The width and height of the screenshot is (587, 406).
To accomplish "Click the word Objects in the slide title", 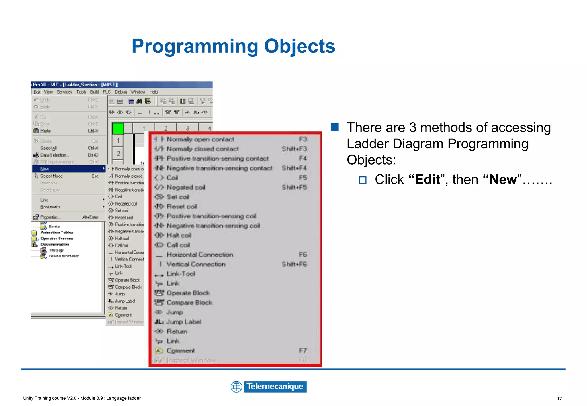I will tap(299, 46).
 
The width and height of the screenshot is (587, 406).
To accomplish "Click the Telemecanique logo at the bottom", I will tap(269, 387).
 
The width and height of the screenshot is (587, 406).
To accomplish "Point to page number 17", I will tap(559, 399).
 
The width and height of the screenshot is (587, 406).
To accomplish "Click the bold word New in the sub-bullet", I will tap(503, 180).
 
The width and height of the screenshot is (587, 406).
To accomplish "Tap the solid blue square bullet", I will tap(334, 127).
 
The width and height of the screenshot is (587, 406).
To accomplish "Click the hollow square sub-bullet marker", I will tap(363, 180).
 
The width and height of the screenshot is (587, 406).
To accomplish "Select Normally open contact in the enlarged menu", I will tap(200, 139).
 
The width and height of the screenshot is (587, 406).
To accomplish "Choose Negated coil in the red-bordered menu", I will tap(186, 187).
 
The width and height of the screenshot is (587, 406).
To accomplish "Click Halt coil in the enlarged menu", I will tap(179, 235).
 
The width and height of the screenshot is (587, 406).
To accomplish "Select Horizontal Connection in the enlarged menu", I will tap(199, 255).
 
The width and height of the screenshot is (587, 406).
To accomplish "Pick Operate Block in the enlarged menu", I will tap(188, 293).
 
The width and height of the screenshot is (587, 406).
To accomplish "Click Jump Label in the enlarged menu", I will tap(184, 322).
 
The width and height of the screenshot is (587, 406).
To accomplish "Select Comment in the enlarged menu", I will tap(181, 351).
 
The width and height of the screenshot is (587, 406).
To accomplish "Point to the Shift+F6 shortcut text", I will tap(294, 264).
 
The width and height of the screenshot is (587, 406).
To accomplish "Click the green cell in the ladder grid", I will tap(118, 128).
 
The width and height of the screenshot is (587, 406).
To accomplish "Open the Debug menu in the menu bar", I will tap(121, 92).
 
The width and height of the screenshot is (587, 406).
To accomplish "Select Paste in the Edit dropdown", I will tap(46, 131).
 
